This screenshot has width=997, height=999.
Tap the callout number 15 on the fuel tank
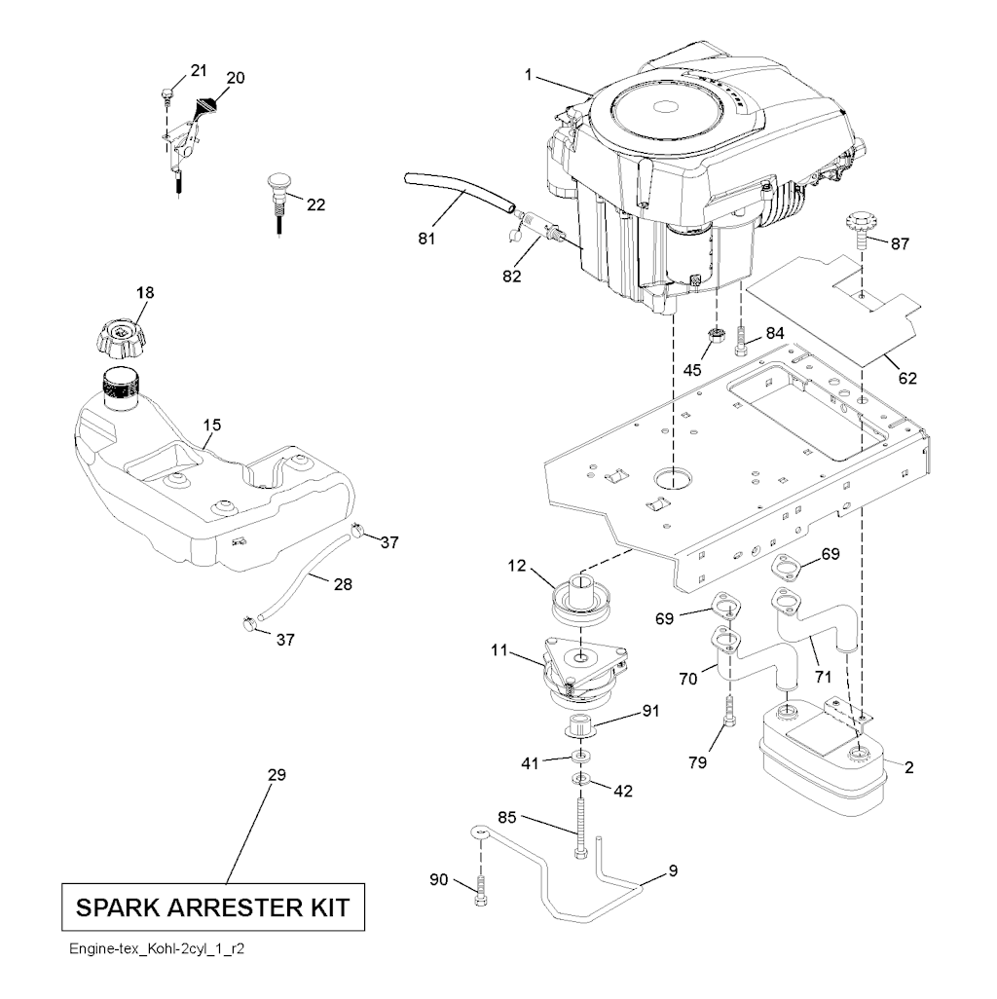(x=212, y=425)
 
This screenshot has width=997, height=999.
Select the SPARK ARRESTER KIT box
(x=213, y=908)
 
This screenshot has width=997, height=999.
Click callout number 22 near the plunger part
(x=315, y=204)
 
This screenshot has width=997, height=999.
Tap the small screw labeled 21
(x=167, y=93)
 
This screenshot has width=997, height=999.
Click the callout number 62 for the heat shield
(x=905, y=378)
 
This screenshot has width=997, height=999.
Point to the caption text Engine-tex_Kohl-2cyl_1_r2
(x=156, y=948)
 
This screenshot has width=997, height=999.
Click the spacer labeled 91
(x=581, y=726)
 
